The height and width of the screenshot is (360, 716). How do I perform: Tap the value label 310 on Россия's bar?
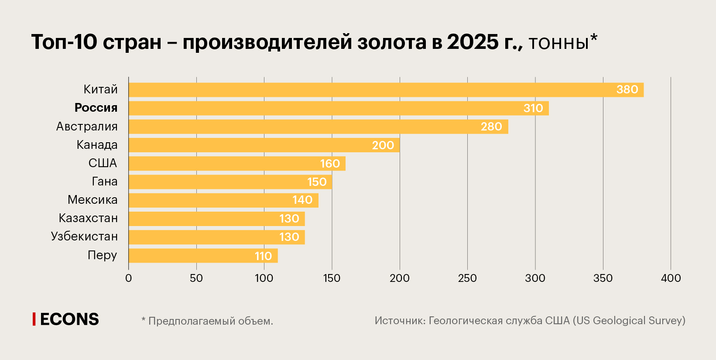click(x=533, y=108)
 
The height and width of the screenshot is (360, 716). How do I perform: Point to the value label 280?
click(x=491, y=127)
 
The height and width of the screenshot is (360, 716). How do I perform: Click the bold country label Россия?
click(x=96, y=108)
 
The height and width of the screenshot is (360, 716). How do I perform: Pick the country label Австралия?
click(x=87, y=127)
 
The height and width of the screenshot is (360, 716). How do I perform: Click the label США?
click(x=103, y=163)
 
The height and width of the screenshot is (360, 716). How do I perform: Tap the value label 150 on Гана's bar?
click(x=317, y=182)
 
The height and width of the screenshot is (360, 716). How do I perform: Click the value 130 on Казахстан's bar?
click(x=289, y=219)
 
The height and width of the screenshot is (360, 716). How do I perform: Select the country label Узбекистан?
click(x=84, y=237)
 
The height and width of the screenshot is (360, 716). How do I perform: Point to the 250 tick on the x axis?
click(x=467, y=278)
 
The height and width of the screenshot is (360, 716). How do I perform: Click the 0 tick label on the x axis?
click(x=128, y=278)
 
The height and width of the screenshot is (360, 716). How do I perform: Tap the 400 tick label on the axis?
click(x=671, y=278)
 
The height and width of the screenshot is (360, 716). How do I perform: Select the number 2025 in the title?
click(x=473, y=42)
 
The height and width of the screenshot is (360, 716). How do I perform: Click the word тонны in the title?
click(x=559, y=43)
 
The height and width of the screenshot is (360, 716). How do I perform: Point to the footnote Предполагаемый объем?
click(x=210, y=321)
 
